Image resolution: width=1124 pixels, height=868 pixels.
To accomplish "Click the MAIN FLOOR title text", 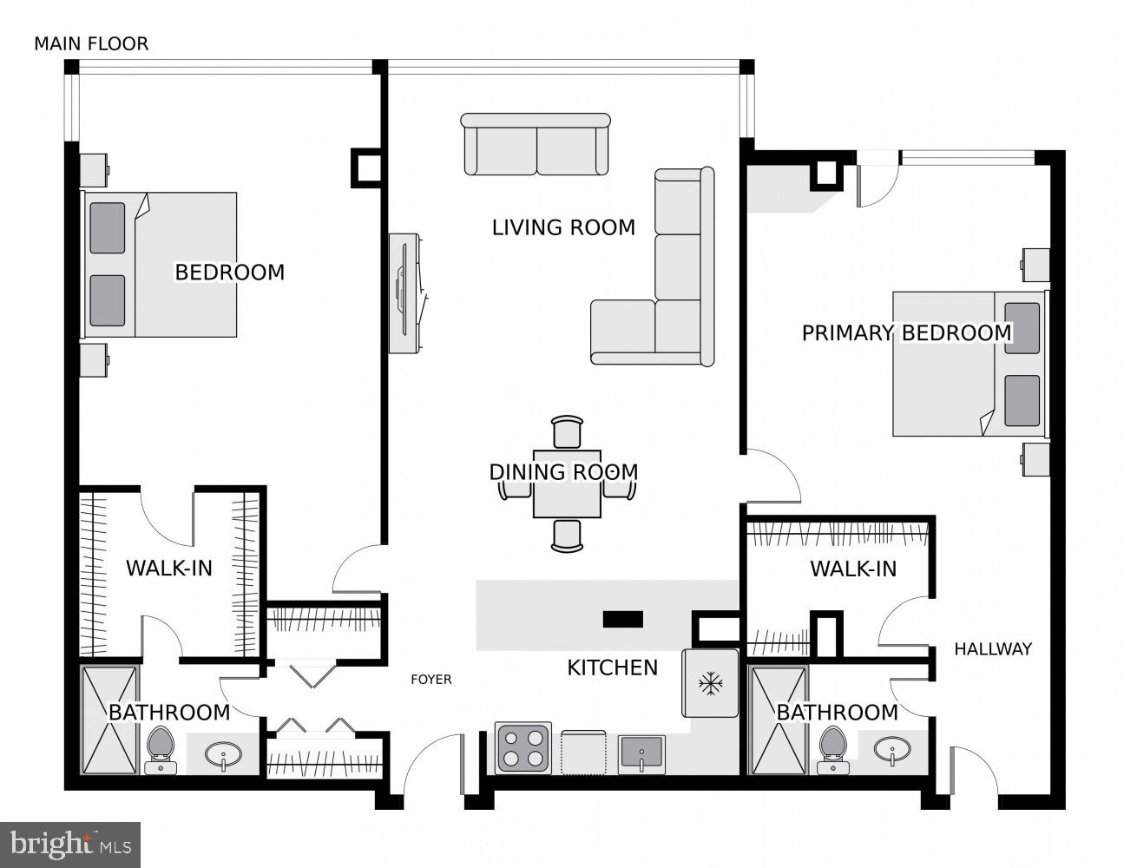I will pos(91,43).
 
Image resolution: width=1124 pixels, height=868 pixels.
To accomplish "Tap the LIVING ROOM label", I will pos(563,227).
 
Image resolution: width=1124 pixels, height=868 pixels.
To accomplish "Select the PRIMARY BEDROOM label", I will pos(906,333).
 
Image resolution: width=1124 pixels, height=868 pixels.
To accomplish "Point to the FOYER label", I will pos(431,680).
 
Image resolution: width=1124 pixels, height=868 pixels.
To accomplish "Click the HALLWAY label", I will pos(993,648).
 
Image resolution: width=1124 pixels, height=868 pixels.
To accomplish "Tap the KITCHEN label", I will pos(612,667).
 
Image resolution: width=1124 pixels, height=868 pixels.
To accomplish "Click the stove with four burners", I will pos(523,747).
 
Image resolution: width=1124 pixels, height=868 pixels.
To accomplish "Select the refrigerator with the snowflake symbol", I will pos(711,683).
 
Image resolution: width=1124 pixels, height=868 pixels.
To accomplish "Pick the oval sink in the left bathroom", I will pos(224,754).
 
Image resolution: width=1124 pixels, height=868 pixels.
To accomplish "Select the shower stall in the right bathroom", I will pos(779,720).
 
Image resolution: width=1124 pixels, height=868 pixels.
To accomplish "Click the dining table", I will pos(567,483).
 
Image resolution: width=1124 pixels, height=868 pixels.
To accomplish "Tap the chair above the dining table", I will pos(567,431).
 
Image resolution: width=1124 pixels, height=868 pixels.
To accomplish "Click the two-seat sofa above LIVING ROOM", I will pos(536,144).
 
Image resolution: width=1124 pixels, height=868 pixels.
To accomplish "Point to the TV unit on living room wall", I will pos(405,293).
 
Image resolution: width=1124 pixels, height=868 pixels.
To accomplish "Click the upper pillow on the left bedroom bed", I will pos(108,228).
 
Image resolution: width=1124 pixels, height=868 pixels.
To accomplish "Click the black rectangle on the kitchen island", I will pos(622,619).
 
